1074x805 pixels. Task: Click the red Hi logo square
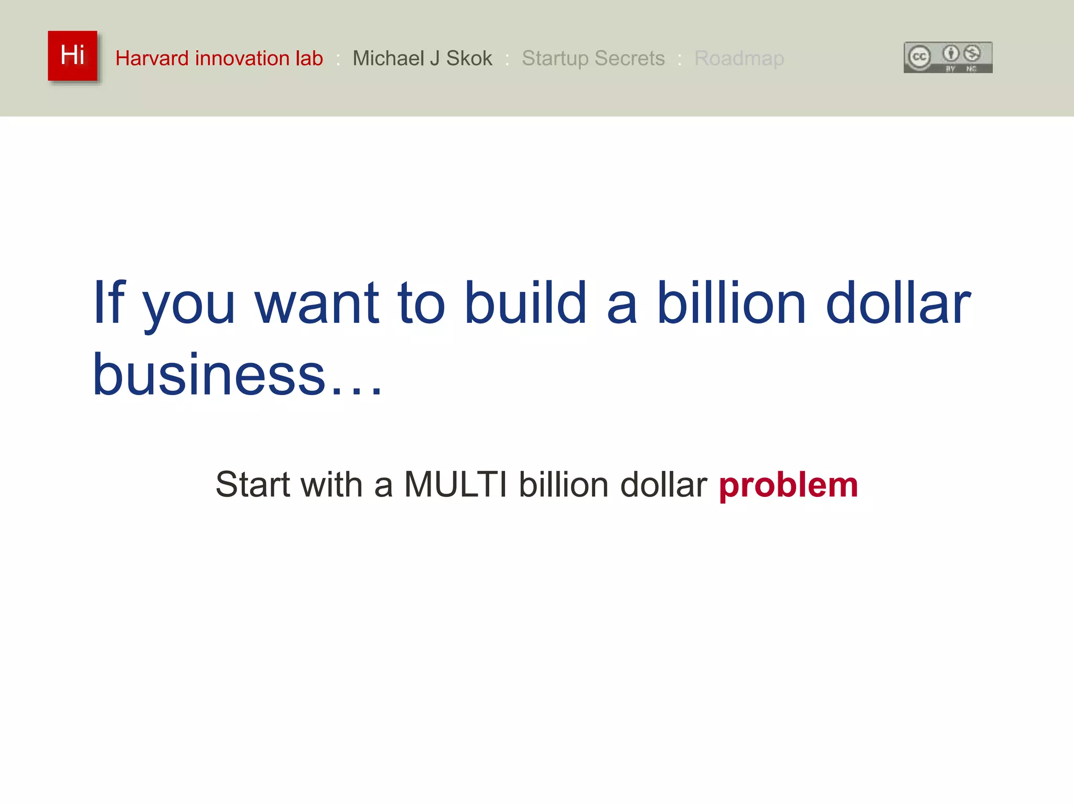pyautogui.click(x=72, y=56)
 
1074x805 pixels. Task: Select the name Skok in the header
pyautogui.click(x=469, y=58)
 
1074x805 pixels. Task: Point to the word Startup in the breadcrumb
pyautogui.click(x=555, y=59)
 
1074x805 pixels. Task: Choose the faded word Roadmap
pyautogui.click(x=739, y=59)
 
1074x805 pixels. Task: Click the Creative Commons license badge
pyautogui.click(x=948, y=57)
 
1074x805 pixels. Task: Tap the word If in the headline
pyautogui.click(x=109, y=302)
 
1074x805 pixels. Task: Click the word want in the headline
pyautogui.click(x=316, y=302)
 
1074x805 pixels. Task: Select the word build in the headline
pyautogui.click(x=525, y=302)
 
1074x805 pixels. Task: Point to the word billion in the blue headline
pyautogui.click(x=731, y=302)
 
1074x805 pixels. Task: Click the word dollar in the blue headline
pyautogui.click(x=898, y=302)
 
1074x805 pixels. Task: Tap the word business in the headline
pyautogui.click(x=209, y=374)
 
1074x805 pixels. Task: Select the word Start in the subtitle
pyautogui.click(x=252, y=484)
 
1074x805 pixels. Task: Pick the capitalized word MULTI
pyautogui.click(x=455, y=484)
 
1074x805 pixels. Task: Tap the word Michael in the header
pyautogui.click(x=389, y=58)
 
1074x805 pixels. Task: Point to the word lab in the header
pyautogui.click(x=309, y=58)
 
